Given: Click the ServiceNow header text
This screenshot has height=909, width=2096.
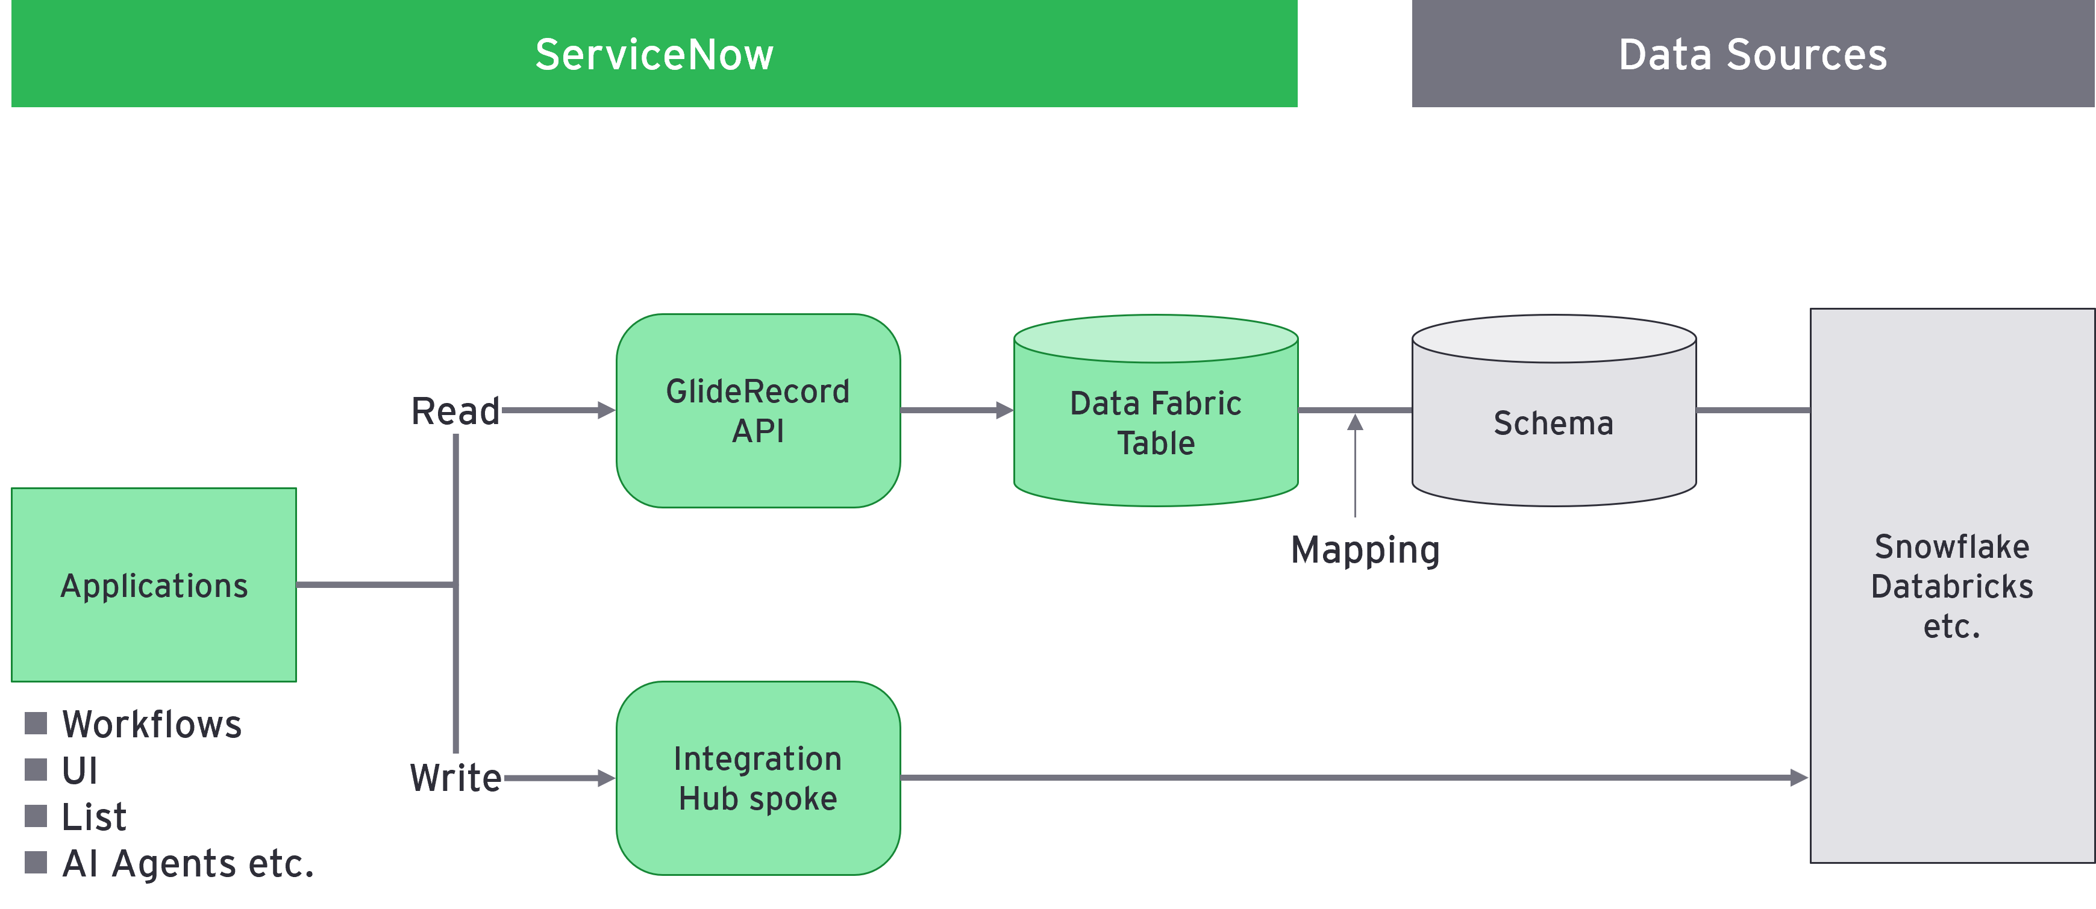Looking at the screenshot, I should (x=654, y=55).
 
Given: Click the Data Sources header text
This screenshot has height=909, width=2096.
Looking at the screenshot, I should (x=1752, y=55).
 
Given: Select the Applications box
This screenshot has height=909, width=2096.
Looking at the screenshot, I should (x=154, y=585).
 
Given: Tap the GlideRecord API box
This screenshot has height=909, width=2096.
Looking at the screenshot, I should (x=757, y=411).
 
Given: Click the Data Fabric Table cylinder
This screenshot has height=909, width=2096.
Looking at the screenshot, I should (x=1156, y=423).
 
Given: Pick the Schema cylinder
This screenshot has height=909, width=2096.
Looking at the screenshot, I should (x=1553, y=423).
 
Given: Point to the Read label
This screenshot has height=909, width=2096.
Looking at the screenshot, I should (x=455, y=411).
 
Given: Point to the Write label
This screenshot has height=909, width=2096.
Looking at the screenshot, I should (x=455, y=777).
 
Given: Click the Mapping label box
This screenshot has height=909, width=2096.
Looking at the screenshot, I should (x=1365, y=549).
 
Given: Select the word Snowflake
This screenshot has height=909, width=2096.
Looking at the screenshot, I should (x=1951, y=547).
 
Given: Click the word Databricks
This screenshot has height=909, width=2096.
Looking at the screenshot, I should (x=1951, y=587).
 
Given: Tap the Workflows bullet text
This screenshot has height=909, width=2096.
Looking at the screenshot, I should (x=152, y=724).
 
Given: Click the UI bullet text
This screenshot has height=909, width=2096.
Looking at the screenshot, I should (x=80, y=770).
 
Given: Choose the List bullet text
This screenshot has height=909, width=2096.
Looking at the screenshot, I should (x=95, y=817).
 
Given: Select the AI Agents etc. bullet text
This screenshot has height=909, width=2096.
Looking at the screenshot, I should (x=188, y=863).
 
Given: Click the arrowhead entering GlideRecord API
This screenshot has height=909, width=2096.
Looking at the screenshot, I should (x=606, y=410).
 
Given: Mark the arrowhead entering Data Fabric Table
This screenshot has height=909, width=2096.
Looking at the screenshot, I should (x=1004, y=410).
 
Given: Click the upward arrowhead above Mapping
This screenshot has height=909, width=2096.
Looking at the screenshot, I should (x=1355, y=422).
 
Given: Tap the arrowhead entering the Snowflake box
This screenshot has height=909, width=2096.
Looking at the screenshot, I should (x=1799, y=778).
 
